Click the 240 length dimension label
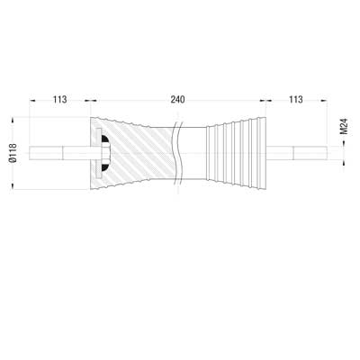tap(177, 100)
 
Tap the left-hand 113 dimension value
tap(60, 100)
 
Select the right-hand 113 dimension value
tap(296, 100)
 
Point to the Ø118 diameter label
tap(13, 153)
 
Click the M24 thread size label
tap(345, 127)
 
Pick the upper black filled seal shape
tap(105, 139)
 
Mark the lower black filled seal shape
tap(105, 167)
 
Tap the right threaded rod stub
tap(297, 153)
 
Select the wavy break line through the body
tap(178, 153)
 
